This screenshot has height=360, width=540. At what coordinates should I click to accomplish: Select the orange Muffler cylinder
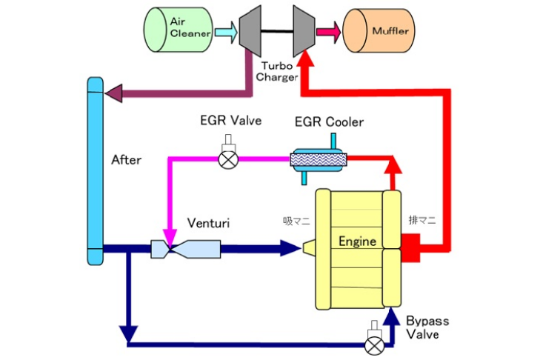(x=379, y=30)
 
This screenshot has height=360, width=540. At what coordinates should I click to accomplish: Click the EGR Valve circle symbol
(x=227, y=159)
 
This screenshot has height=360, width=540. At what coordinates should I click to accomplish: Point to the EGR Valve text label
(x=230, y=121)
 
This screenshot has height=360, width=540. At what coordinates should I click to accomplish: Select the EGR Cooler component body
(x=318, y=158)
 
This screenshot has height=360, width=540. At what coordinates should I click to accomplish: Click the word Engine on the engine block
(x=358, y=241)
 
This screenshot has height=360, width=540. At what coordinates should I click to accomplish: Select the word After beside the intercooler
(x=126, y=159)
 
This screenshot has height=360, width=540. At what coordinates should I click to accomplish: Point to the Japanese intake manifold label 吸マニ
(x=296, y=221)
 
